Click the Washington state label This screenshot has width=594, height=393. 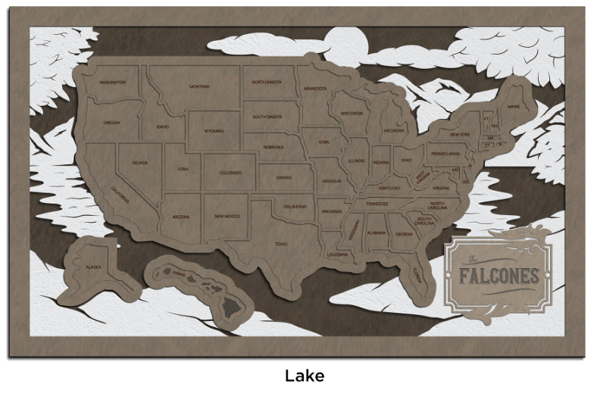coord(112,82)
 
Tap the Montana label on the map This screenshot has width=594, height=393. coord(199,86)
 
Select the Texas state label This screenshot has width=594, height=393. coord(280,244)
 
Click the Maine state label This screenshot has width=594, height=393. coord(514,108)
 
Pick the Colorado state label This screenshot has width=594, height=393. coord(230,173)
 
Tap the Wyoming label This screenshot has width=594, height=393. coord(214,131)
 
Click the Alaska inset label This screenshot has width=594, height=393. coord(93,267)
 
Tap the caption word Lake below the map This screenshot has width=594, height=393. coord(305,376)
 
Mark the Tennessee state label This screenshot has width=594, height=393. coord(377,204)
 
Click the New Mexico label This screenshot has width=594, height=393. coord(227,217)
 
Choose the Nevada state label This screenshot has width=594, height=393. coord(139,163)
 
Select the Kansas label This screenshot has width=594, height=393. coord(283,177)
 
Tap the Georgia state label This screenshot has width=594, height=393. coord(404,235)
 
